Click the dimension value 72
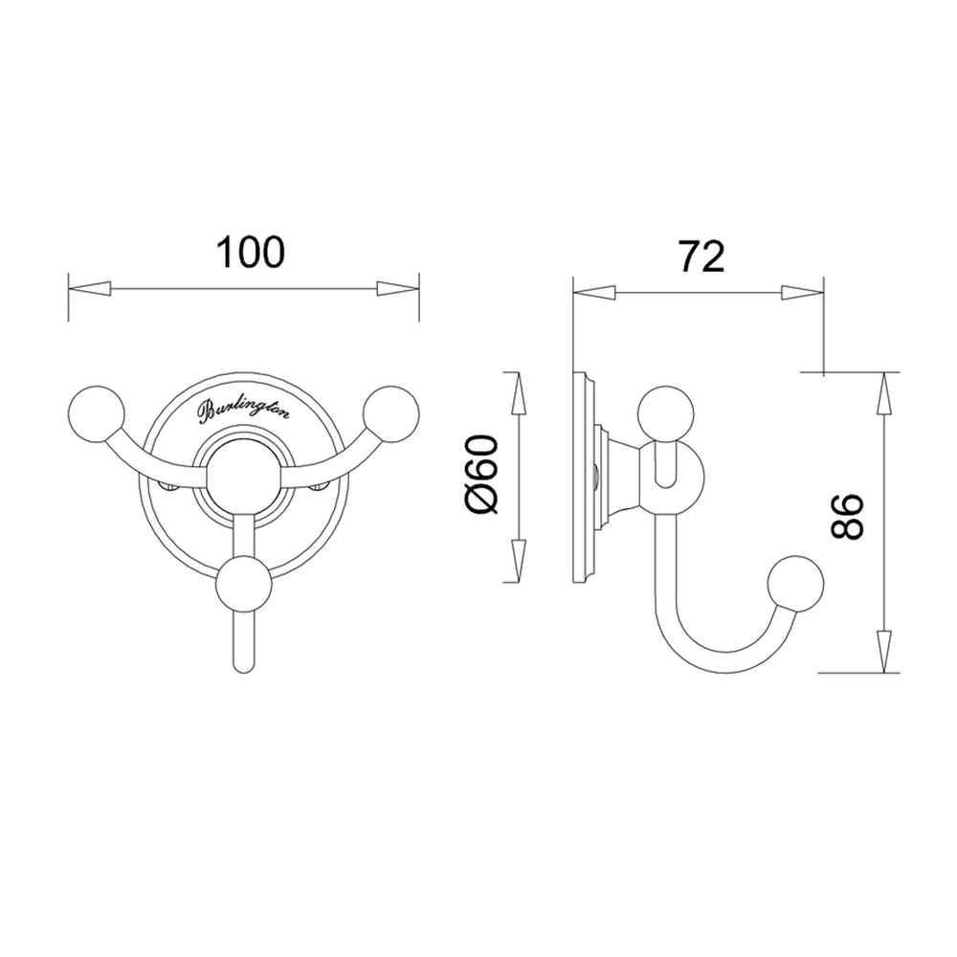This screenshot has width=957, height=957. tap(701, 256)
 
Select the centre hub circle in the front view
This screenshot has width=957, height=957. tap(244, 471)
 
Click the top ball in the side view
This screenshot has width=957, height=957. tap(668, 412)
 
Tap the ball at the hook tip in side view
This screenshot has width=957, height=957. tap(795, 583)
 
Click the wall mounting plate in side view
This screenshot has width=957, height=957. tap(581, 475)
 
